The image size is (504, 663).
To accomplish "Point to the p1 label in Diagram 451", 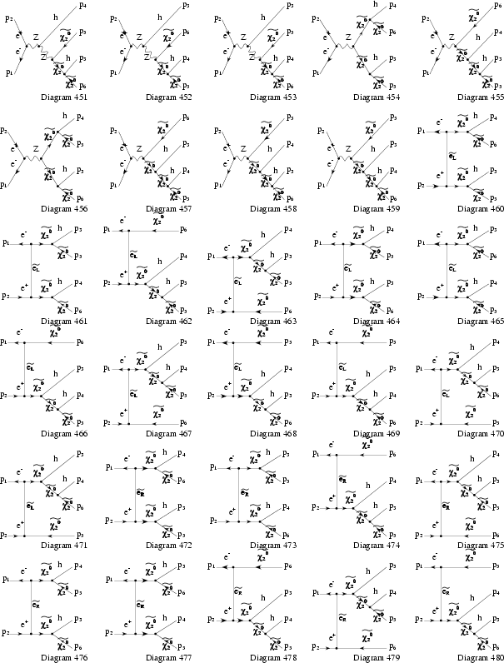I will coord(9,74).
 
